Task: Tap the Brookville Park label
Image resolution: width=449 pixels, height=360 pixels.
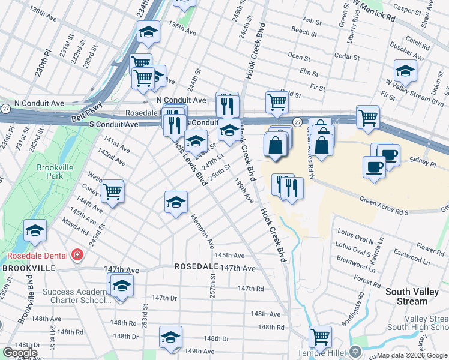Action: pyautogui.click(x=50, y=172)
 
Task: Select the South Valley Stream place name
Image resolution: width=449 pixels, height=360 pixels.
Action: pyautogui.click(x=415, y=296)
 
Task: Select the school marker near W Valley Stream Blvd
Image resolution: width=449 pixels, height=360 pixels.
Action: pyautogui.click(x=405, y=71)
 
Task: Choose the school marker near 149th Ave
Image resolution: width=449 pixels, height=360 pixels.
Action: pyautogui.click(x=171, y=338)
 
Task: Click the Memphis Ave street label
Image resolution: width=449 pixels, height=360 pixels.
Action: pyautogui.click(x=202, y=230)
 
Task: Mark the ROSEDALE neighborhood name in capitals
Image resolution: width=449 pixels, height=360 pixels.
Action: pyautogui.click(x=195, y=266)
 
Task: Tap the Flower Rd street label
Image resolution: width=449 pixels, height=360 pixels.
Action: pyautogui.click(x=430, y=247)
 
